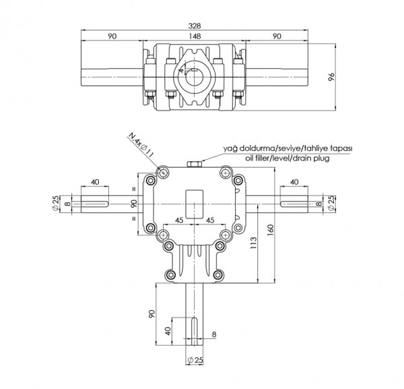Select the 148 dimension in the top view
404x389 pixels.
(x=195, y=36)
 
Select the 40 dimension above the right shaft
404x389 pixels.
(x=294, y=182)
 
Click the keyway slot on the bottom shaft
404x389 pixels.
(x=196, y=333)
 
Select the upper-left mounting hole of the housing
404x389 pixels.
(x=162, y=173)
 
